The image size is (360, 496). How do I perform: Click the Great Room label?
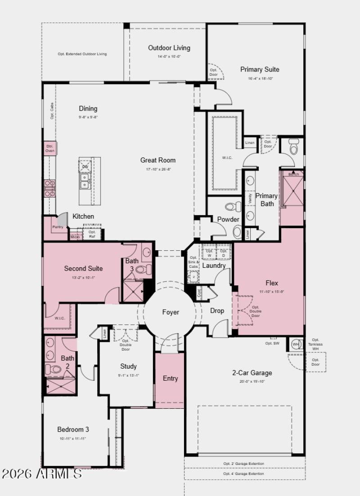(x=158, y=160)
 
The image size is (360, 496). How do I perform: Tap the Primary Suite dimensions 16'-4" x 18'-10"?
(x=260, y=78)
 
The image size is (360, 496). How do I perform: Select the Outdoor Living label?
(x=169, y=48)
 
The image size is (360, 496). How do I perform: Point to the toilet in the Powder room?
(x=231, y=207)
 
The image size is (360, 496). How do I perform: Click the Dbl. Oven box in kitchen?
(x=49, y=148)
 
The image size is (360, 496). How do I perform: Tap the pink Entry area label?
(x=170, y=379)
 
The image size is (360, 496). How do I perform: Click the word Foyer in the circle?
(x=171, y=312)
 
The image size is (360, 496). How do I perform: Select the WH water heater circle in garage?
(x=296, y=344)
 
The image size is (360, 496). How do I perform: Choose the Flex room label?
(x=272, y=283)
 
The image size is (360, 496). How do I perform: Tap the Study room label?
(x=128, y=366)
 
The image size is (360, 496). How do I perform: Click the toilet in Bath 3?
(x=141, y=270)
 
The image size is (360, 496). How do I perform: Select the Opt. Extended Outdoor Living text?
(x=82, y=54)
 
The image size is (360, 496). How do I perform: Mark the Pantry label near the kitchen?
(x=58, y=227)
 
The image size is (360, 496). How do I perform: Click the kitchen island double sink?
(x=84, y=181)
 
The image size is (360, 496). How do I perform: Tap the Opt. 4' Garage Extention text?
(x=244, y=474)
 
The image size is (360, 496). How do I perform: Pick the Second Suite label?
(x=83, y=268)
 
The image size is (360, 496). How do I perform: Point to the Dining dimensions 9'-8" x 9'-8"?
(x=88, y=117)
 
